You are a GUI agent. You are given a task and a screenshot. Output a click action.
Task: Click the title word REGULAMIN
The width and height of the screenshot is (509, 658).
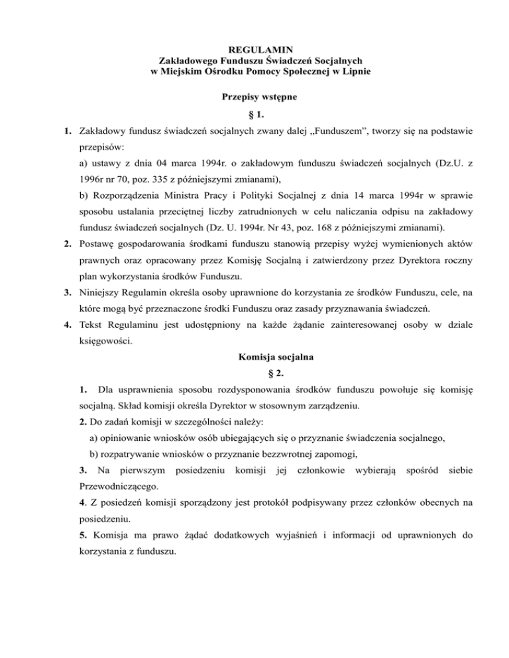coord(254,50)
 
